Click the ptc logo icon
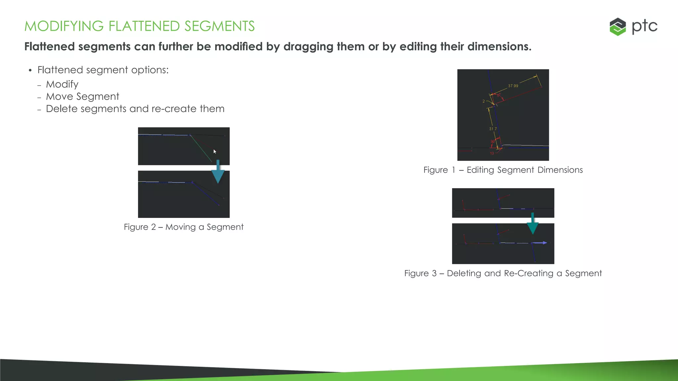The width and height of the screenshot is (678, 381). [x=617, y=26]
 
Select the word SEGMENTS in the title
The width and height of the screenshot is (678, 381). [x=219, y=26]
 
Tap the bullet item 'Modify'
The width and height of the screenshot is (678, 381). [x=62, y=84]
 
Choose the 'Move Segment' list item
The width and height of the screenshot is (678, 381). [x=82, y=97]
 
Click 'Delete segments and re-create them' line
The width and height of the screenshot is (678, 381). [x=135, y=109]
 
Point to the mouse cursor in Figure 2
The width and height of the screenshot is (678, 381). [x=215, y=151]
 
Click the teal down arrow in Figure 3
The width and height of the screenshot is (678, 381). [x=532, y=224]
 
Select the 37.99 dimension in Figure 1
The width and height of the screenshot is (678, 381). [x=513, y=86]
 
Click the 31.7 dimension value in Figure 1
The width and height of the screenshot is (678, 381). [x=493, y=129]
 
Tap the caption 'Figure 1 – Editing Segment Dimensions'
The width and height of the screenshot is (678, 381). [x=503, y=170]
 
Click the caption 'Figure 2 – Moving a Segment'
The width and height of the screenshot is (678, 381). [x=183, y=227]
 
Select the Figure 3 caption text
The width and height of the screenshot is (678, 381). [x=503, y=274]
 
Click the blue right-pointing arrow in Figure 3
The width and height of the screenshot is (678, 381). [x=540, y=243]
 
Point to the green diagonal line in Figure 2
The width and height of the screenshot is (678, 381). [x=201, y=148]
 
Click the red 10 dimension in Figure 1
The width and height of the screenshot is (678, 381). [x=492, y=153]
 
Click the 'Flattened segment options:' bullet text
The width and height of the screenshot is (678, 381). [x=103, y=70]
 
